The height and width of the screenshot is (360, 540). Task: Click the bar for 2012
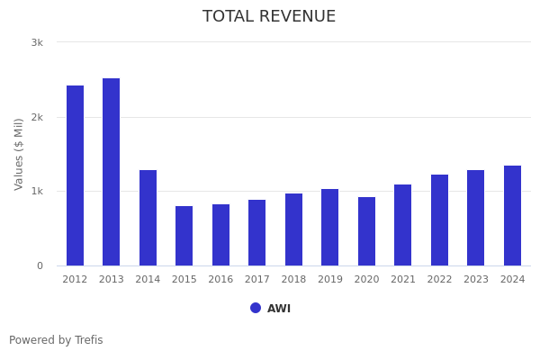tap(75, 175)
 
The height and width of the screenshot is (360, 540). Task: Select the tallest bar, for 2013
tap(111, 172)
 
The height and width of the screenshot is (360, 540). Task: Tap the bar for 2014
tap(148, 218)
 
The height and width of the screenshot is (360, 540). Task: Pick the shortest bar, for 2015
tap(184, 236)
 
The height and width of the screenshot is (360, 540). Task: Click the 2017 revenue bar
tap(256, 232)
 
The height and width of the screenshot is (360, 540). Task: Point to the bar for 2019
tap(329, 227)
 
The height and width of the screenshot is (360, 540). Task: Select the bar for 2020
tap(366, 231)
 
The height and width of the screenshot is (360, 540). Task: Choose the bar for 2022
tap(439, 220)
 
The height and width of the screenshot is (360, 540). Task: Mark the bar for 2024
tap(512, 215)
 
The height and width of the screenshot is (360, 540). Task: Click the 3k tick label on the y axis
tap(37, 42)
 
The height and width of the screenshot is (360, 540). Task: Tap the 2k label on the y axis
tap(37, 117)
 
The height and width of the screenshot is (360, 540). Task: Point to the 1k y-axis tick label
tap(37, 191)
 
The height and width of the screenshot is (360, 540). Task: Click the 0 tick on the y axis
tap(40, 265)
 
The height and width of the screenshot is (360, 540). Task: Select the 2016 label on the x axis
tap(220, 280)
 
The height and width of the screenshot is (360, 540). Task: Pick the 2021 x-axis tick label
tap(402, 280)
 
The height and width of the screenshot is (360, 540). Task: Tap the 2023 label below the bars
tap(475, 280)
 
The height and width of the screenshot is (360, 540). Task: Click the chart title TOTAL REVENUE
tap(269, 17)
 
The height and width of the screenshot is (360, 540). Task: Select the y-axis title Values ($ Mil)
tap(19, 154)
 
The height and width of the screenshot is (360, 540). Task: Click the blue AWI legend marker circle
tap(256, 308)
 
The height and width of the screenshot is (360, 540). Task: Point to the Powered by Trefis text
tap(56, 340)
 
